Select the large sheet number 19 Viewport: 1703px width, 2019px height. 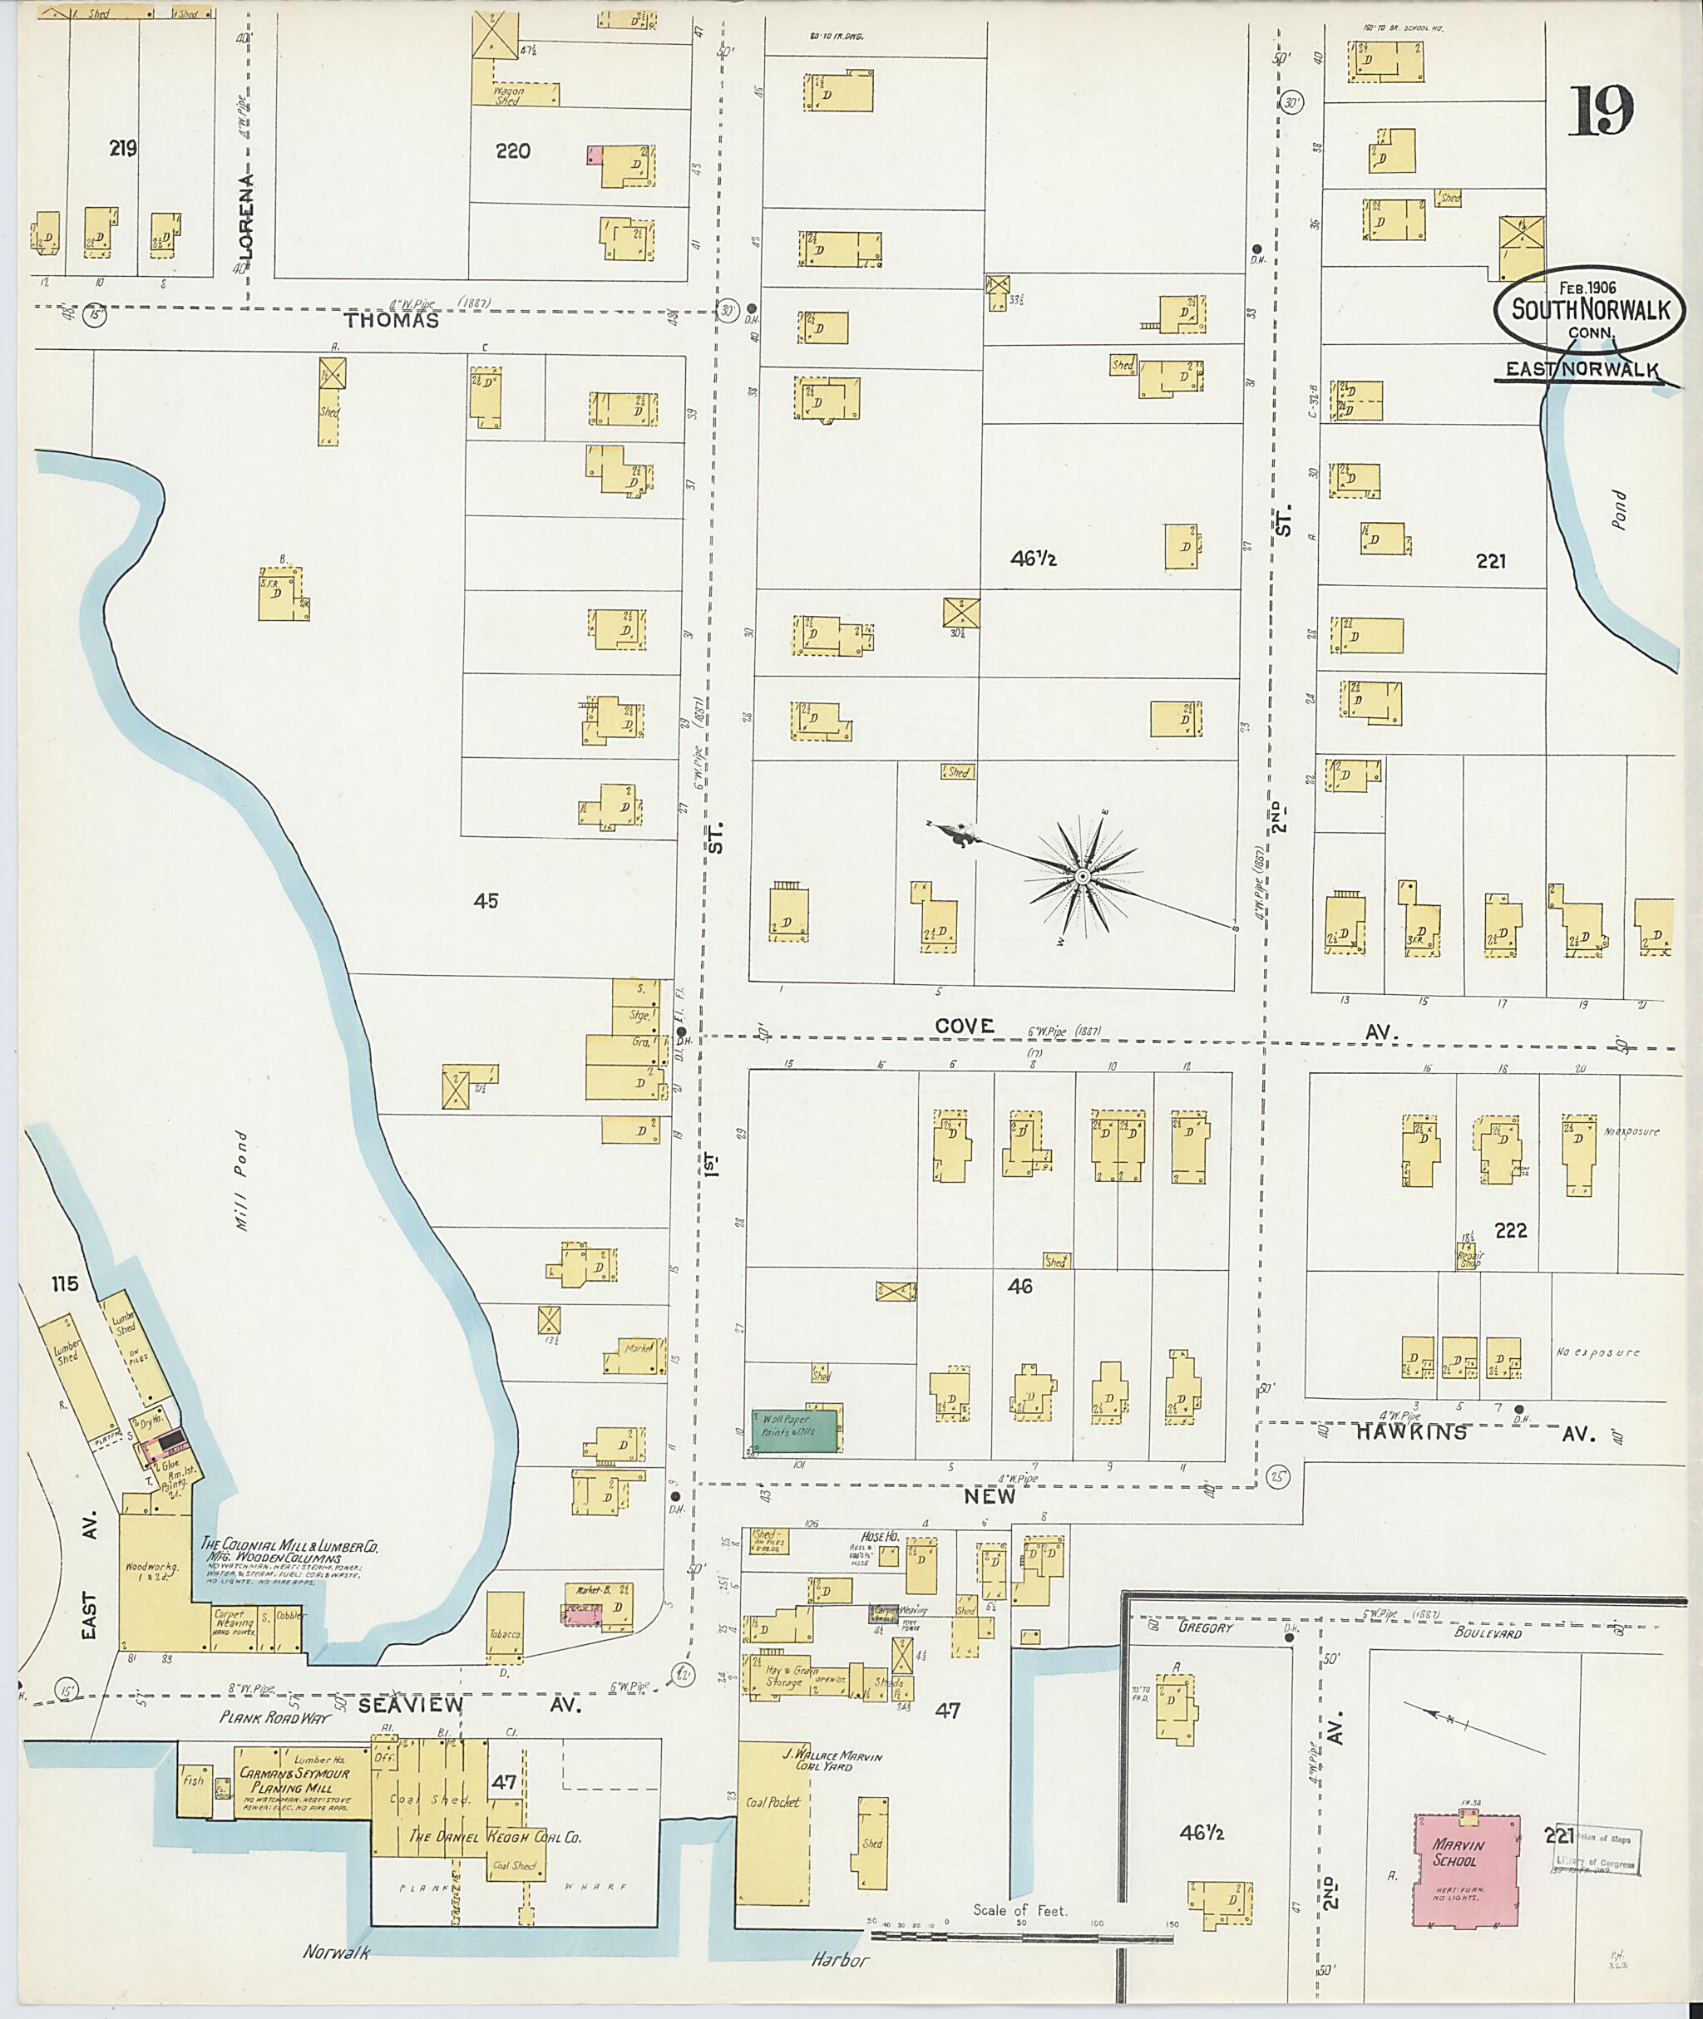tap(1601, 112)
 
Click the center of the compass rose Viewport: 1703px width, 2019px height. tap(1082, 876)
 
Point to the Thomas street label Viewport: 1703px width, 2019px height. tap(392, 320)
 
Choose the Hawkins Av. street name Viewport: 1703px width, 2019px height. tap(1411, 1434)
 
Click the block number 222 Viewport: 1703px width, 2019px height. tap(1510, 1230)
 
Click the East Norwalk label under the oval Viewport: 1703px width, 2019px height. tap(1582, 369)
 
